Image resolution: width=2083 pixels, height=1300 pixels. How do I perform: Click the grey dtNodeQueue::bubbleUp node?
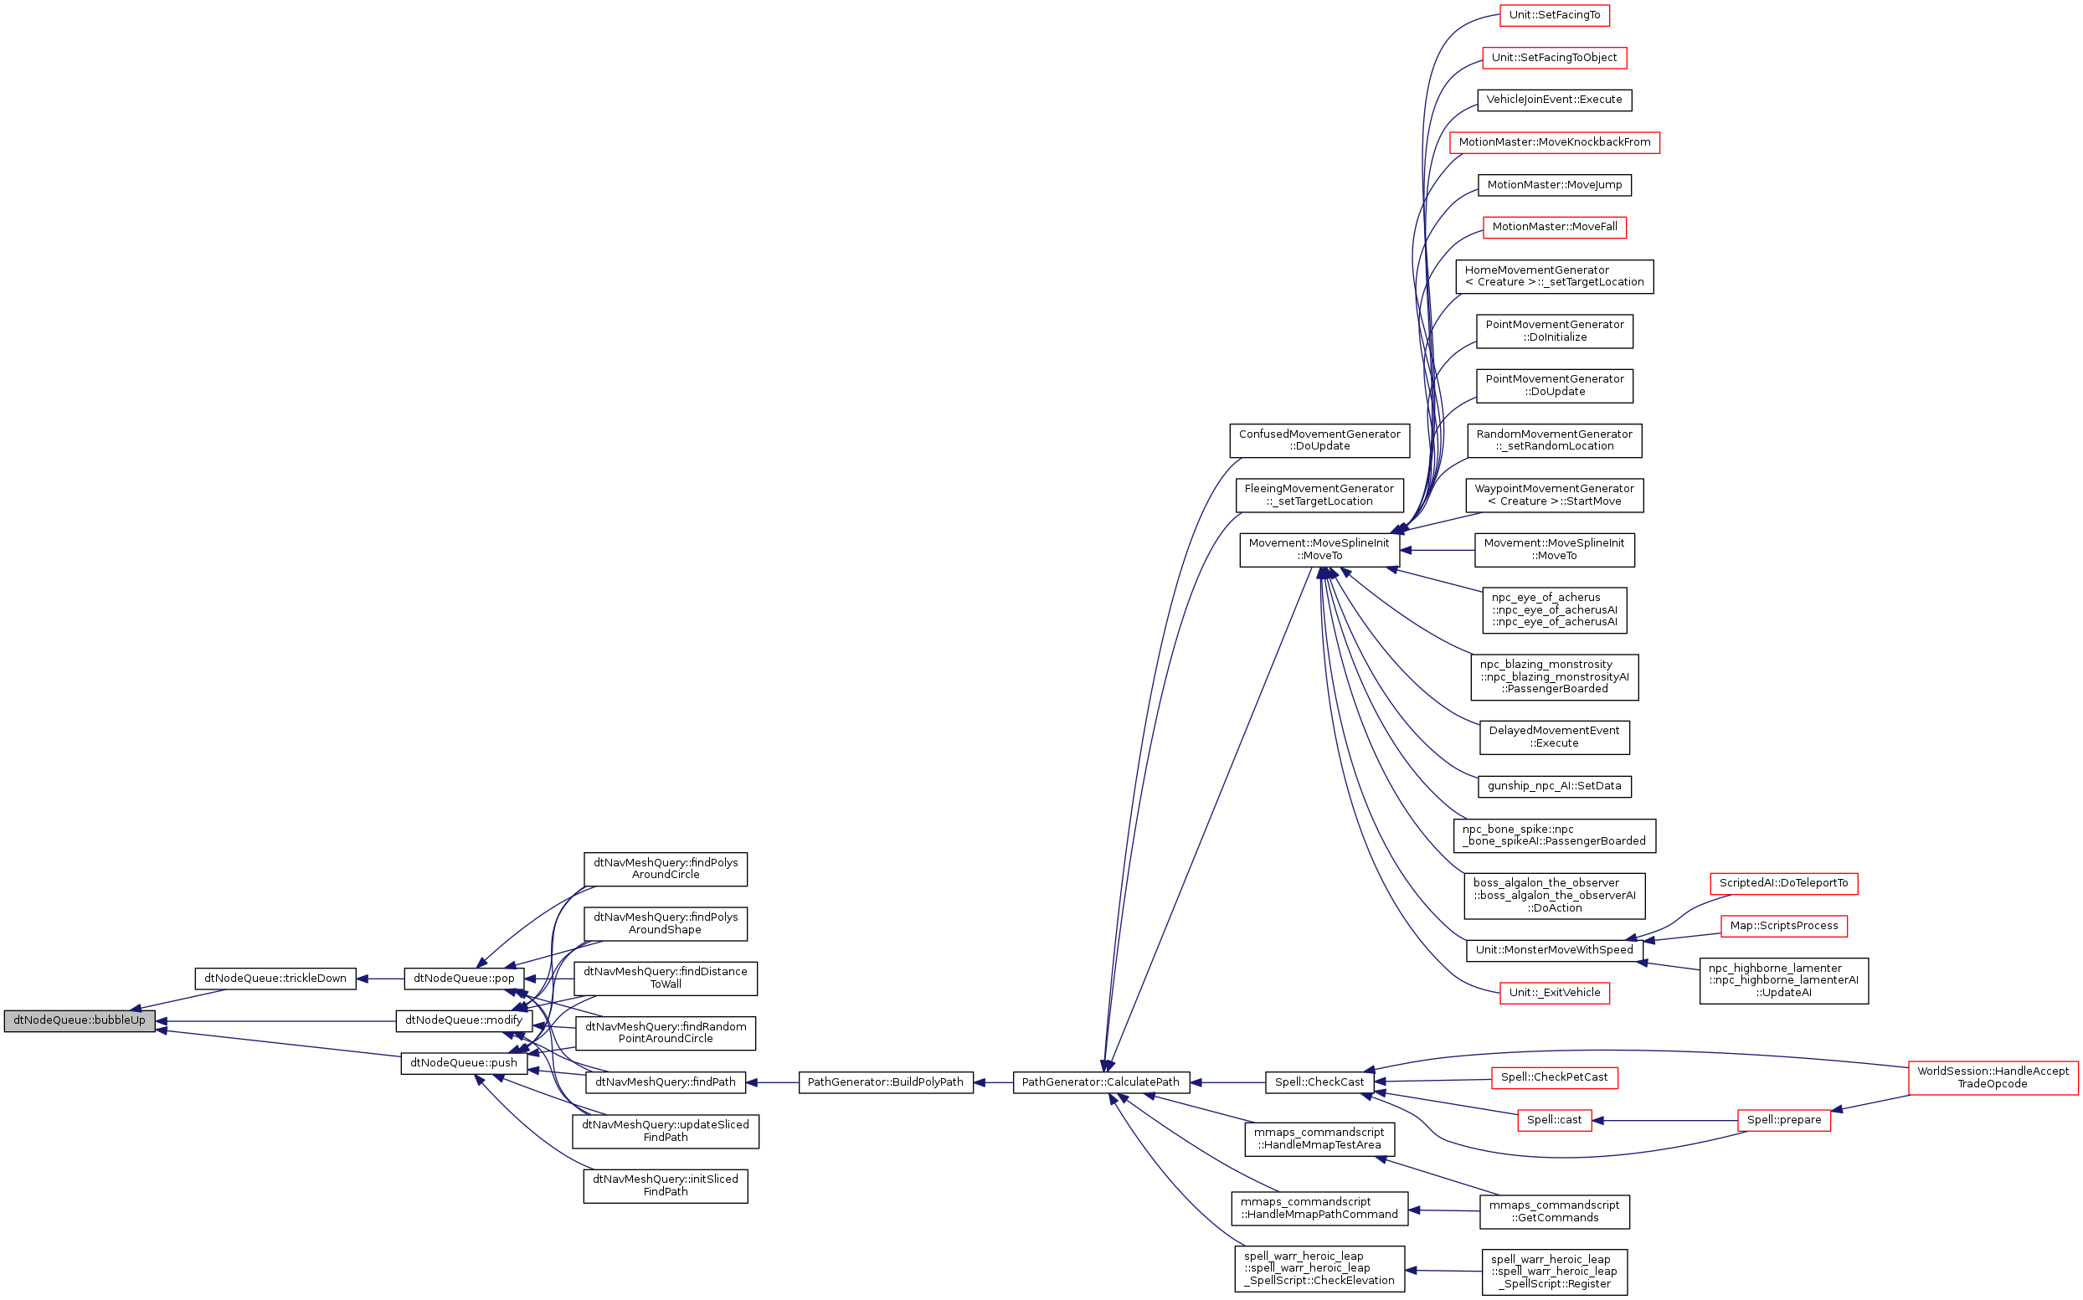coord(79,1021)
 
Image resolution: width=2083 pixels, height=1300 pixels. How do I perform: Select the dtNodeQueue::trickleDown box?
coord(275,979)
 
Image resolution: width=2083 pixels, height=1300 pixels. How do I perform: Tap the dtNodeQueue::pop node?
coord(463,979)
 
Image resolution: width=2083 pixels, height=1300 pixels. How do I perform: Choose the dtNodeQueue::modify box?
coord(463,1021)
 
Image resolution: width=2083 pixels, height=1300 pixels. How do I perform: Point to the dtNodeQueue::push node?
coord(463,1064)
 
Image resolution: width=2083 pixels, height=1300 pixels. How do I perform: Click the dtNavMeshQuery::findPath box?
coord(665,1082)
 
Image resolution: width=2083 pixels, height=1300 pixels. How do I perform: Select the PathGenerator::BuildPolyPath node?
coord(886,1082)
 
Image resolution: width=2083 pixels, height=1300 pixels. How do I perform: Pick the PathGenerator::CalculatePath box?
coord(1100,1082)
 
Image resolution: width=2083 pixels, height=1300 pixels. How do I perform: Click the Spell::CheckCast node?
coord(1319,1082)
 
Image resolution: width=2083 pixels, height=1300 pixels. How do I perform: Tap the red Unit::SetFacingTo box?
coord(1555,15)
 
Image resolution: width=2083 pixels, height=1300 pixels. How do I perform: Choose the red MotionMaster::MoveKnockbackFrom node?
coord(1555,143)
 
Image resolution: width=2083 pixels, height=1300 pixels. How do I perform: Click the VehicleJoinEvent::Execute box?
coord(1555,100)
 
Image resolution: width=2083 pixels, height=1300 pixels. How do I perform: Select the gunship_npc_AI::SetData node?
coord(1555,787)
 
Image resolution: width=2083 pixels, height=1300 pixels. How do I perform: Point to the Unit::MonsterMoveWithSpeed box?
coord(1555,950)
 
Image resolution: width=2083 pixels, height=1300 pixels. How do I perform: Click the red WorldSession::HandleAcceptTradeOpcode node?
coord(1992,1078)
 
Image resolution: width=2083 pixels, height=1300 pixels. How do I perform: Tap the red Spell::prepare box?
coord(1784,1120)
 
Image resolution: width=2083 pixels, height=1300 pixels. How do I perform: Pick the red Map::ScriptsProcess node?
coord(1784,926)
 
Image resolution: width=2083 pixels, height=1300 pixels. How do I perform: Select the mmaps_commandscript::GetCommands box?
coord(1555,1212)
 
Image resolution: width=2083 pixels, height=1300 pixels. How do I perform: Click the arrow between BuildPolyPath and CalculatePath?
coord(993,1082)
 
